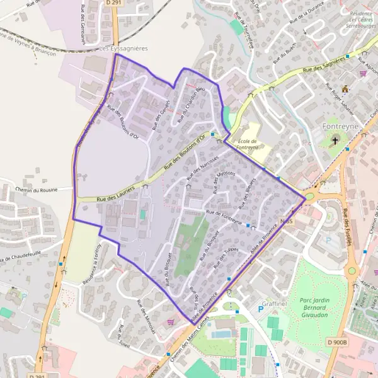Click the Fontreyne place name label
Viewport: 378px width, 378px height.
point(340,127)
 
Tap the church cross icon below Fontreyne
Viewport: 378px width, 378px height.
point(335,141)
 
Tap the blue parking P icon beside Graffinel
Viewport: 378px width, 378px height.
point(261,308)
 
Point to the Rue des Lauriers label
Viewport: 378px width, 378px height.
point(116,195)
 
